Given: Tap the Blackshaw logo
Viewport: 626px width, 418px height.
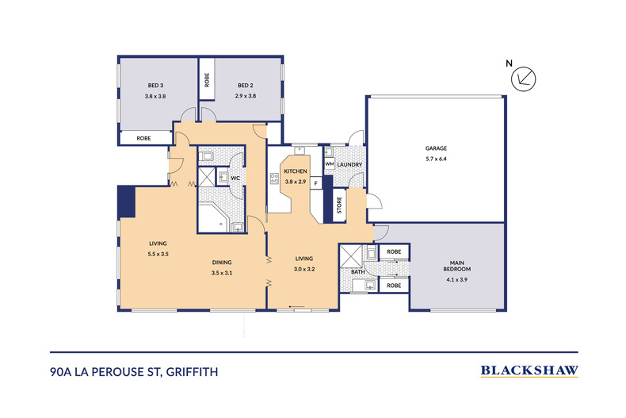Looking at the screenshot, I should point(530,370).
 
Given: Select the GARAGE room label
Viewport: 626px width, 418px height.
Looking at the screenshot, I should point(435,148).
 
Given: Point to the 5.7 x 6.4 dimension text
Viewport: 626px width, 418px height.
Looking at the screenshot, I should point(435,159).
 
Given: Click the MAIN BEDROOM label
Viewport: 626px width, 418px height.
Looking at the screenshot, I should point(457,267).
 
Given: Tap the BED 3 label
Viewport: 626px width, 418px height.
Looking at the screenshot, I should point(155,86).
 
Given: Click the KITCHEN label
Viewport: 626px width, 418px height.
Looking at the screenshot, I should point(296,171).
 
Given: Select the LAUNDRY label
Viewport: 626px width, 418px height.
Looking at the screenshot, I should point(349,165).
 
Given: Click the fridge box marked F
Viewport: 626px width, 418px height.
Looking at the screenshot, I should point(316,183).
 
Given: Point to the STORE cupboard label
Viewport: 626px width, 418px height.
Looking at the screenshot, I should point(340,205).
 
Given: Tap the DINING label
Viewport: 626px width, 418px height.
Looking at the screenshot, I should point(222,263).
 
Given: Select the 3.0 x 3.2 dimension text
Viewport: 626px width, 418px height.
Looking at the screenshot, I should point(305,268).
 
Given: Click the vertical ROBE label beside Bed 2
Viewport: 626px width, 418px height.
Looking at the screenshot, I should point(207,79).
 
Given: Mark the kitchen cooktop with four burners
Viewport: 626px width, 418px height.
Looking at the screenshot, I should point(277,179).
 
